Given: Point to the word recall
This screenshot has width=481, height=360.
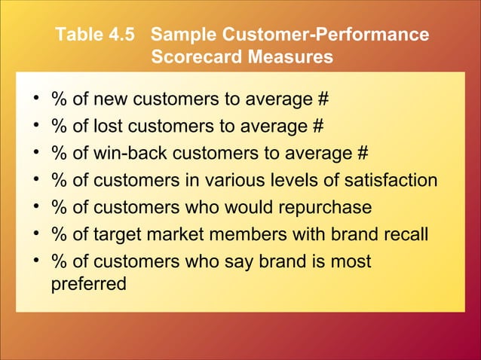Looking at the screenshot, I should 407,233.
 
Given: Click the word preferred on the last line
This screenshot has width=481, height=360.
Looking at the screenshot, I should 87,286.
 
